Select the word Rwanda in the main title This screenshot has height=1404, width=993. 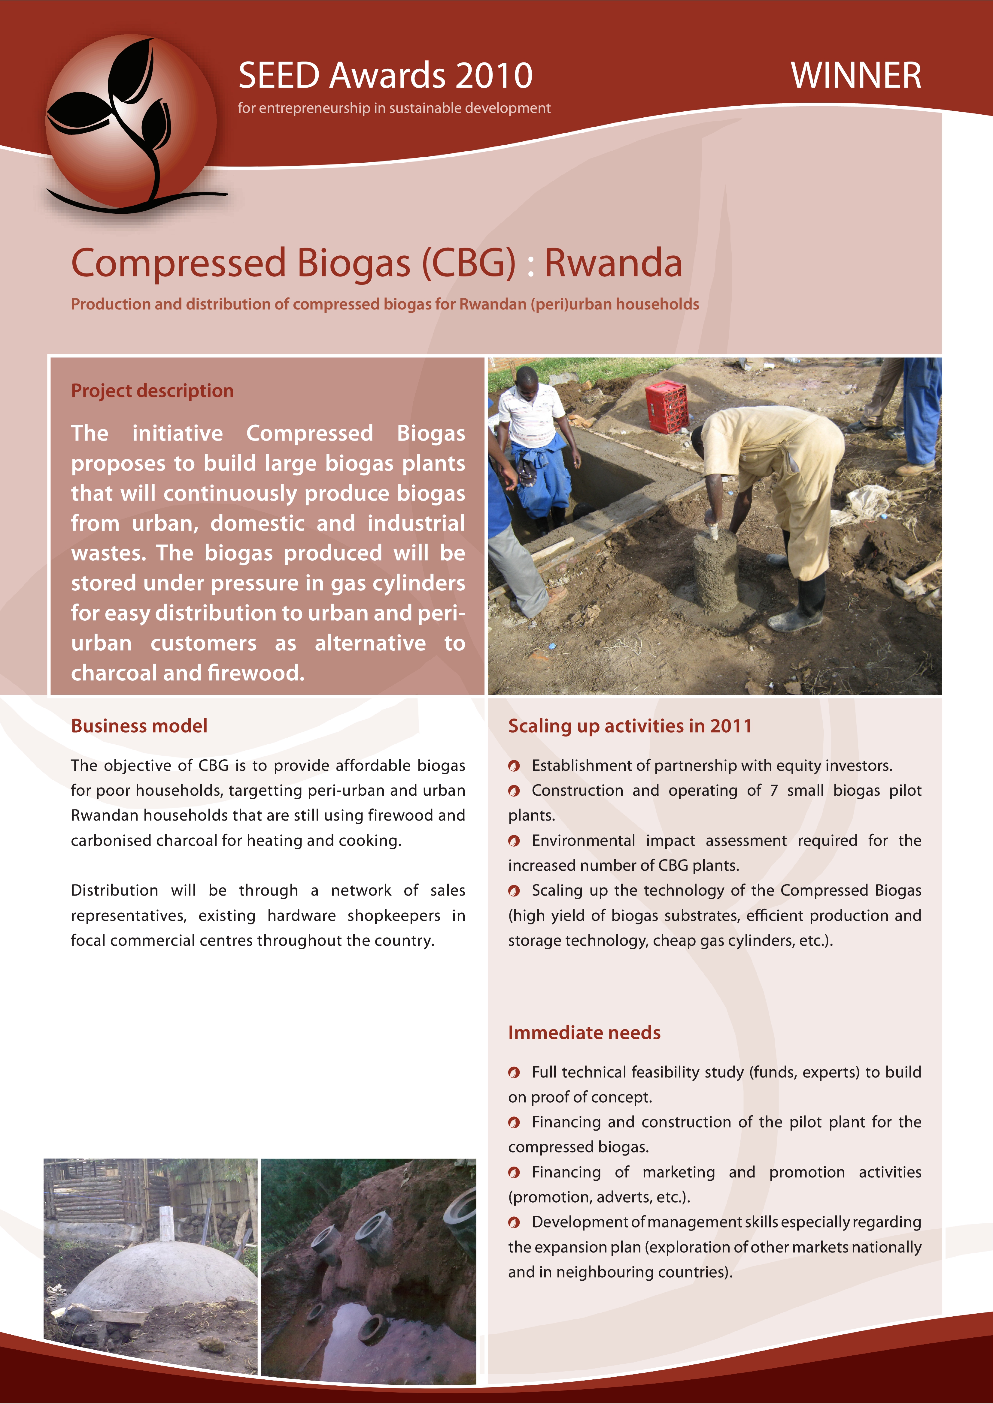613,263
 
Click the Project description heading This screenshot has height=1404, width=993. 152,391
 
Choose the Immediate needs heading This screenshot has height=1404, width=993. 584,1033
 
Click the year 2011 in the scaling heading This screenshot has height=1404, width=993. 730,726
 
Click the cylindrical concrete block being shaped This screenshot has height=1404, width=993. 715,569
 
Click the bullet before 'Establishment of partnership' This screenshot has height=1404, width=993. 514,766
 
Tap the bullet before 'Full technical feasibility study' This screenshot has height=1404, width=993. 514,1073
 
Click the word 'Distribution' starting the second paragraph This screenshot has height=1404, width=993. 114,890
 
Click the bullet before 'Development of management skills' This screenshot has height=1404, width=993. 514,1222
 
